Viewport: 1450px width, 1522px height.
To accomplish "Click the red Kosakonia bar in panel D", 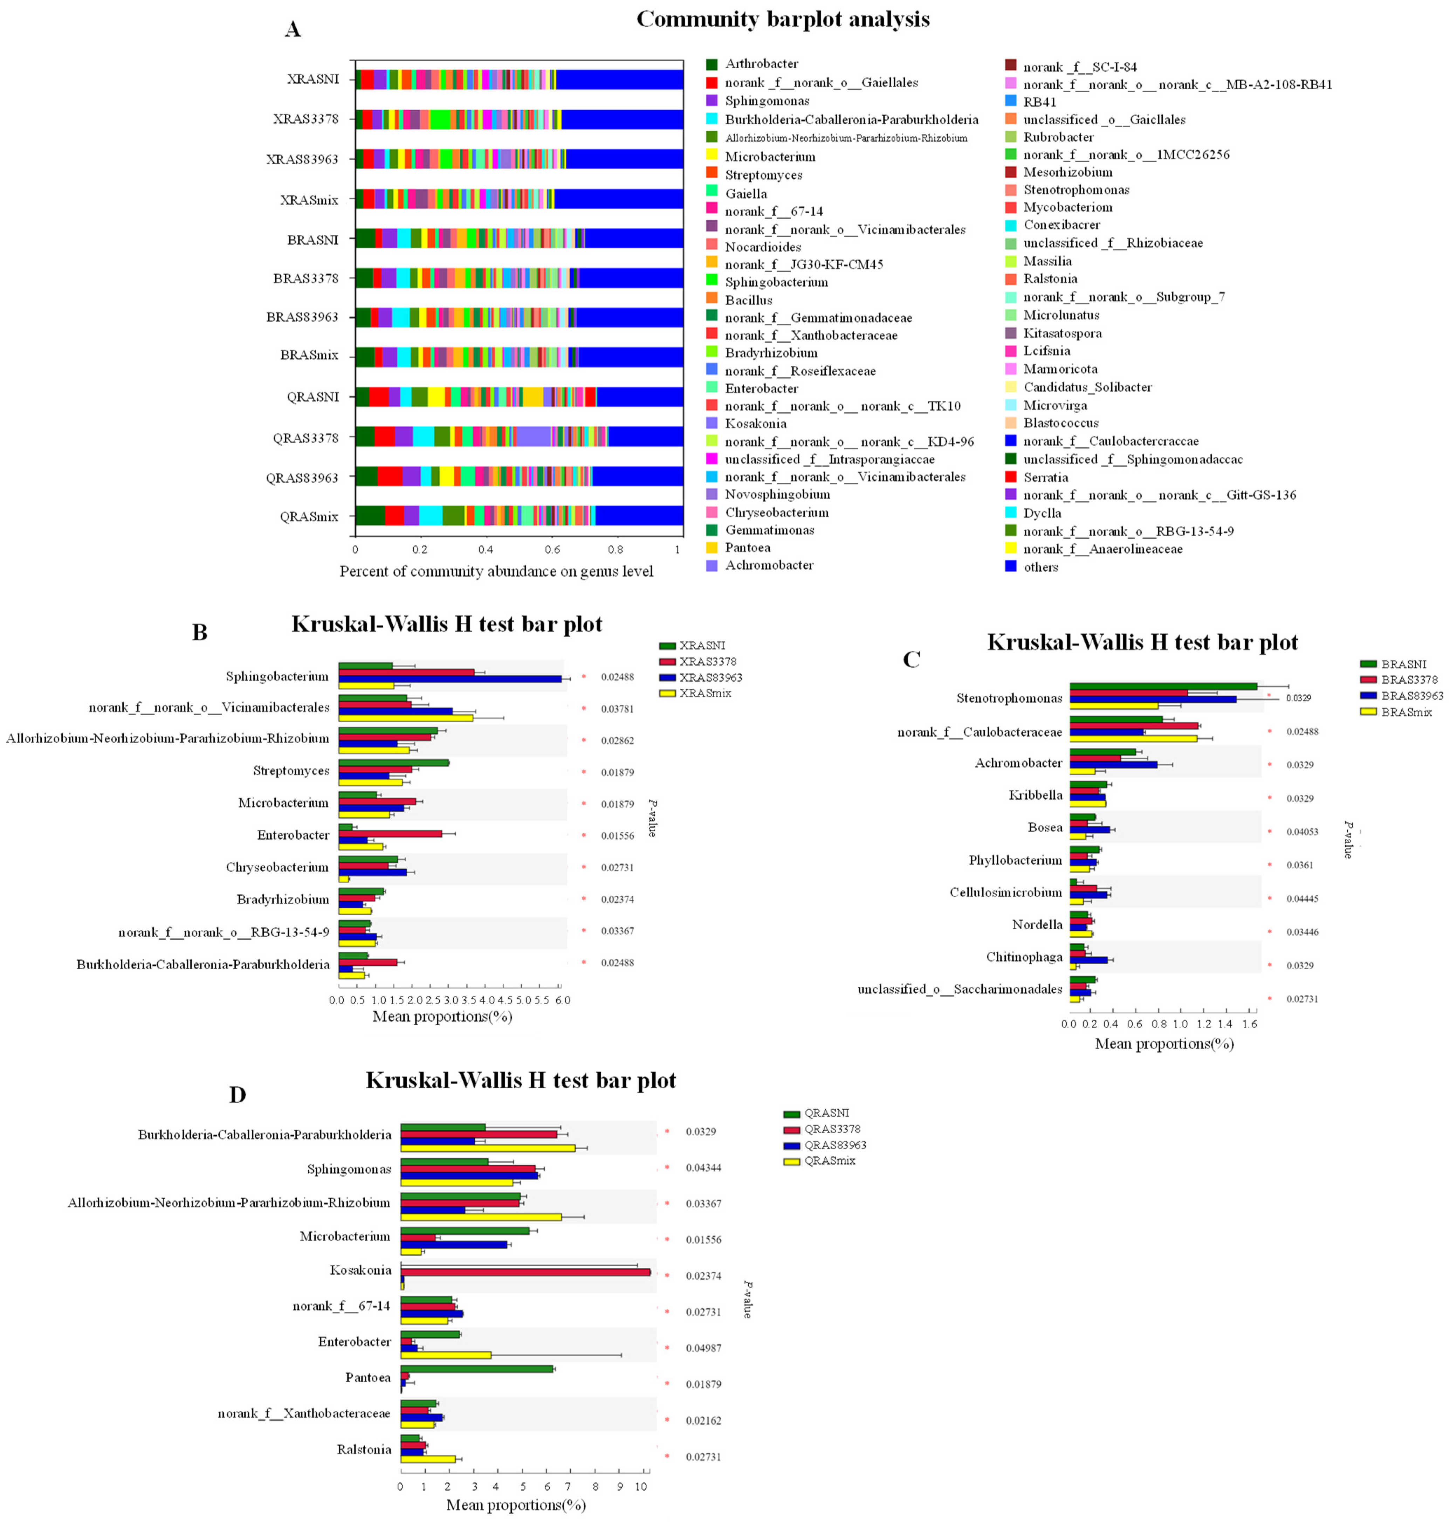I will [525, 1272].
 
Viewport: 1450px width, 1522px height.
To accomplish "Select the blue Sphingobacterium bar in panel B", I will [450, 679].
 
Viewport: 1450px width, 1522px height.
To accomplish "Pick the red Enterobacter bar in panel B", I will [390, 833].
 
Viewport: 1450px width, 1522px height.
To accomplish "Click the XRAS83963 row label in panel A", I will [302, 159].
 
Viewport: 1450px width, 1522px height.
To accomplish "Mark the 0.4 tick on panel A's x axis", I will [486, 550].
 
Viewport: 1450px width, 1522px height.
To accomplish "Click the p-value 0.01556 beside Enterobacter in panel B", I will [618, 835].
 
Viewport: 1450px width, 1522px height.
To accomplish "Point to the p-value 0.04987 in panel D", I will [703, 1348].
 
